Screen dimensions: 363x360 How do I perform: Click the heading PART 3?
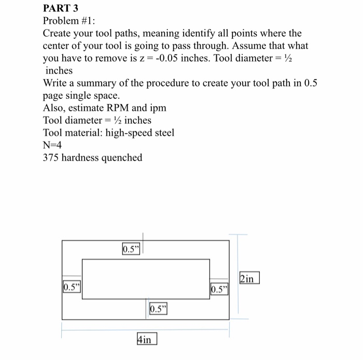(x=60, y=8)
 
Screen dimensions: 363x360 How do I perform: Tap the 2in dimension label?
(x=248, y=278)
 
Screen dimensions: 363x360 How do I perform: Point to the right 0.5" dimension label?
(x=219, y=288)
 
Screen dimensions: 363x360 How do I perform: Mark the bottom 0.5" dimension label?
(x=159, y=309)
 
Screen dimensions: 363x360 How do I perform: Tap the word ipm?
(x=158, y=108)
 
